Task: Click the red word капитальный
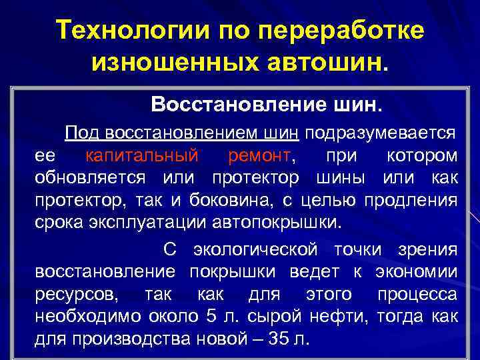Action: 142,156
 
